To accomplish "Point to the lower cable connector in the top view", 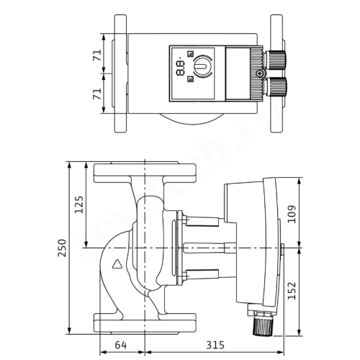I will (x=277, y=87).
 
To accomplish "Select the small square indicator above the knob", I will (x=190, y=53).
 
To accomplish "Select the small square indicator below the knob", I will (x=190, y=81).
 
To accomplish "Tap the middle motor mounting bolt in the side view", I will (x=209, y=248).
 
